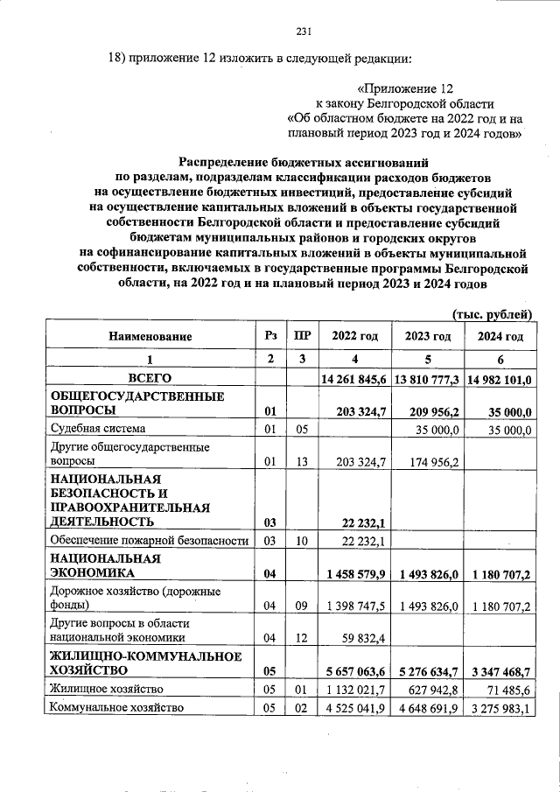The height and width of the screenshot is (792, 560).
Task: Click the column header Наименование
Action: pyautogui.click(x=150, y=337)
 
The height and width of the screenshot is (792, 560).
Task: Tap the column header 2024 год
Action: pyautogui.click(x=500, y=337)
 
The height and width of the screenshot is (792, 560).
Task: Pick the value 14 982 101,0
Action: pyautogui.click(x=500, y=379)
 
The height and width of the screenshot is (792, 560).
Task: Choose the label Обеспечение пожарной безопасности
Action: pyautogui.click(x=149, y=540)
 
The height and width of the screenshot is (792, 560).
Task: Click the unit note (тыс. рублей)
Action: pyautogui.click(x=491, y=313)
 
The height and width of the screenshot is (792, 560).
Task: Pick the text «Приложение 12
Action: pyautogui.click(x=406, y=88)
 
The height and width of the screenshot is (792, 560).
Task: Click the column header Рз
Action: pyautogui.click(x=270, y=337)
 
